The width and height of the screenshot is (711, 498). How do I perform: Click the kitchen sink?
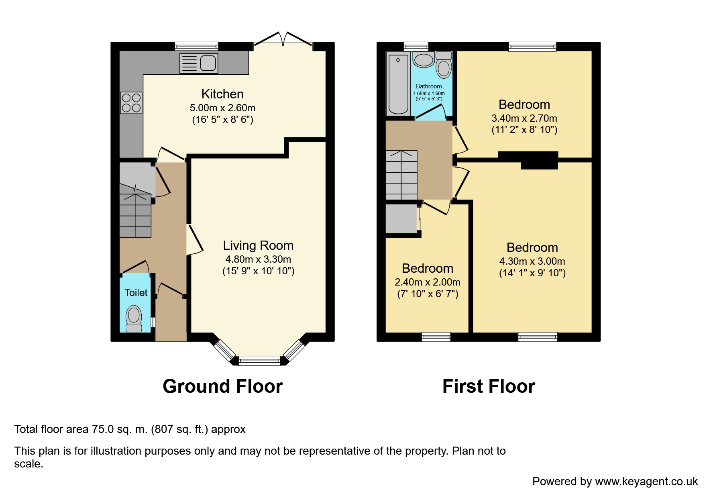pos(199,63)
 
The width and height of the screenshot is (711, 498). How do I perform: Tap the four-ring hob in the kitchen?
pos(131,103)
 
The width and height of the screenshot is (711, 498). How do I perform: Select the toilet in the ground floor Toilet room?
pos(134,319)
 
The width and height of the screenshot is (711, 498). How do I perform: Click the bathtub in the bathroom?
pos(398,84)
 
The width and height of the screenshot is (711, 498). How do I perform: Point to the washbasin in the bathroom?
pos(424,60)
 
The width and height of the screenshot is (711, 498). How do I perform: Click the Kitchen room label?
pos(222,94)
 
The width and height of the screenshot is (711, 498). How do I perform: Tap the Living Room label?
pos(258,245)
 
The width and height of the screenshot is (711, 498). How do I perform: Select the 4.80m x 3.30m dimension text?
pos(258,259)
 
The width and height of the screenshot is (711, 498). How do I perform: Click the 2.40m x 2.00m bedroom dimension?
pos(428,282)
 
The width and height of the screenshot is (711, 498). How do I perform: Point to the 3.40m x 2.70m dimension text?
pos(524,118)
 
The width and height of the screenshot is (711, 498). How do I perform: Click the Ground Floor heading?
pos(223,386)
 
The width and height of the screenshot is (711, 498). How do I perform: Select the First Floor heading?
pos(489,386)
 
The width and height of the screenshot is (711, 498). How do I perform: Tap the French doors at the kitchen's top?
pos(283,39)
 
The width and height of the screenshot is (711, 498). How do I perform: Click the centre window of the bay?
pos(259,360)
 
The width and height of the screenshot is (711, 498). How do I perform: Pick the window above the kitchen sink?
pos(196,46)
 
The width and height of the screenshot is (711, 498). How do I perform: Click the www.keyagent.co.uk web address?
pos(646,482)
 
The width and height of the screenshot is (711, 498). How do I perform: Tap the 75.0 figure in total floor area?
pos(103,429)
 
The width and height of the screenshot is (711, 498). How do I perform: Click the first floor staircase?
pos(401,175)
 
